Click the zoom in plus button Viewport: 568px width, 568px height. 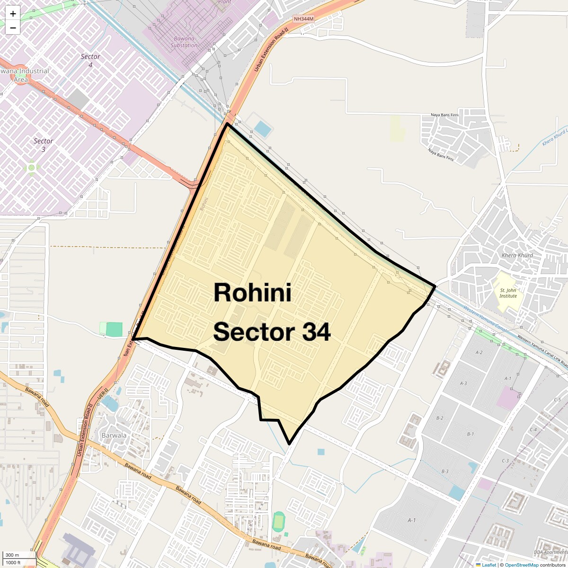pos(13,14)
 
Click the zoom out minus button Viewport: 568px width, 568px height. pos(13,28)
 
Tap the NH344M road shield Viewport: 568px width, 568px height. pos(303,19)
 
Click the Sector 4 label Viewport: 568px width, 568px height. pos(90,60)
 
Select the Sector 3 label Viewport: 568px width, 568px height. pos(43,145)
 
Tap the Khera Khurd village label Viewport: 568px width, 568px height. pos(517,255)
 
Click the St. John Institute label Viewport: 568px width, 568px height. pos(508,293)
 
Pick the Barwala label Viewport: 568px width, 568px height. pos(114,435)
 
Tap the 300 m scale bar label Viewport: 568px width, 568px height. pos(12,555)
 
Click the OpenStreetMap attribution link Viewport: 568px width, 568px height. pos(521,565)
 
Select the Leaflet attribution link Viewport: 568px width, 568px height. pos(489,565)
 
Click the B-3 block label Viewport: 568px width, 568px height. pos(444,471)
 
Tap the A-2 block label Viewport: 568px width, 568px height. pos(479,352)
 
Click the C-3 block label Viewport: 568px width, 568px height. pos(505,461)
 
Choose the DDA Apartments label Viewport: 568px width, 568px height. pos(550,552)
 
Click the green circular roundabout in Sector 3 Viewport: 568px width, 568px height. pos(32,168)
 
